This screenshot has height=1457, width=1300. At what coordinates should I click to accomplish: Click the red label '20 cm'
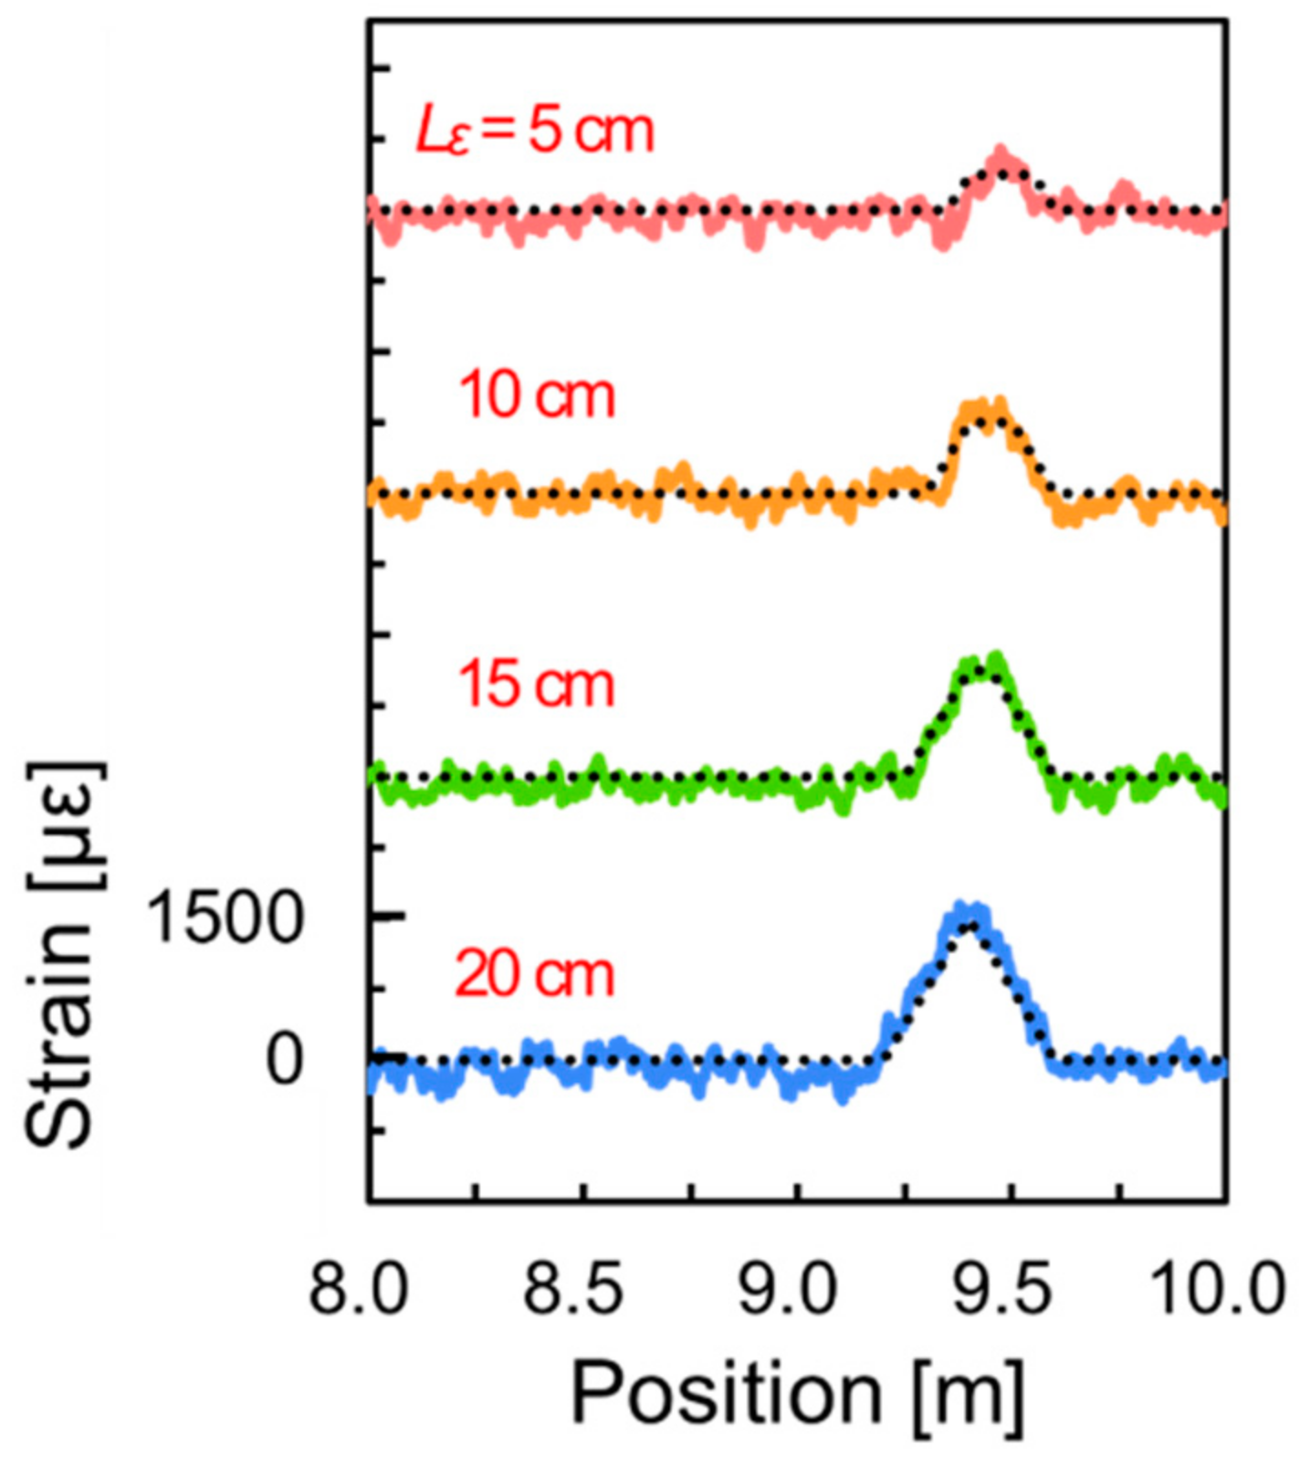[535, 975]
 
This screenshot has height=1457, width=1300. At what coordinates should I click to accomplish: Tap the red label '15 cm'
[537, 685]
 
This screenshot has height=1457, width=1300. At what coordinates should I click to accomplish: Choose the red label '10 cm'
[537, 396]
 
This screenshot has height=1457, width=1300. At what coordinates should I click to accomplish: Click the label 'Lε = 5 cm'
[535, 131]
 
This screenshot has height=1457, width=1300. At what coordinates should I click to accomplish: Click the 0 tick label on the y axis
[284, 1061]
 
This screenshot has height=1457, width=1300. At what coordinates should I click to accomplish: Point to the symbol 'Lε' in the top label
[442, 133]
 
